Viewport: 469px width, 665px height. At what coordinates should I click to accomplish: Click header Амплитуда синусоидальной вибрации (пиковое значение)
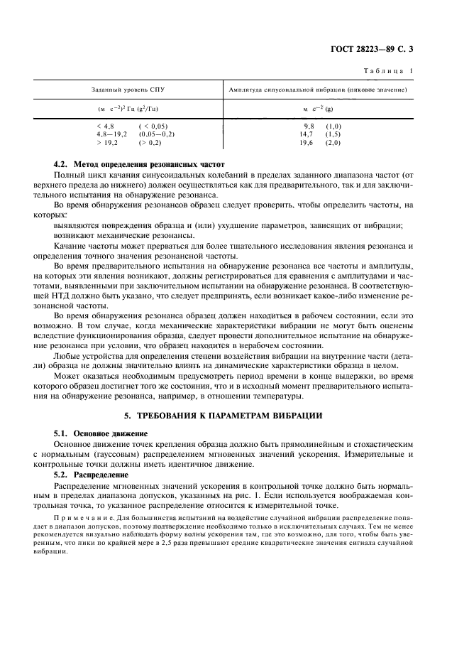tap(316, 90)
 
